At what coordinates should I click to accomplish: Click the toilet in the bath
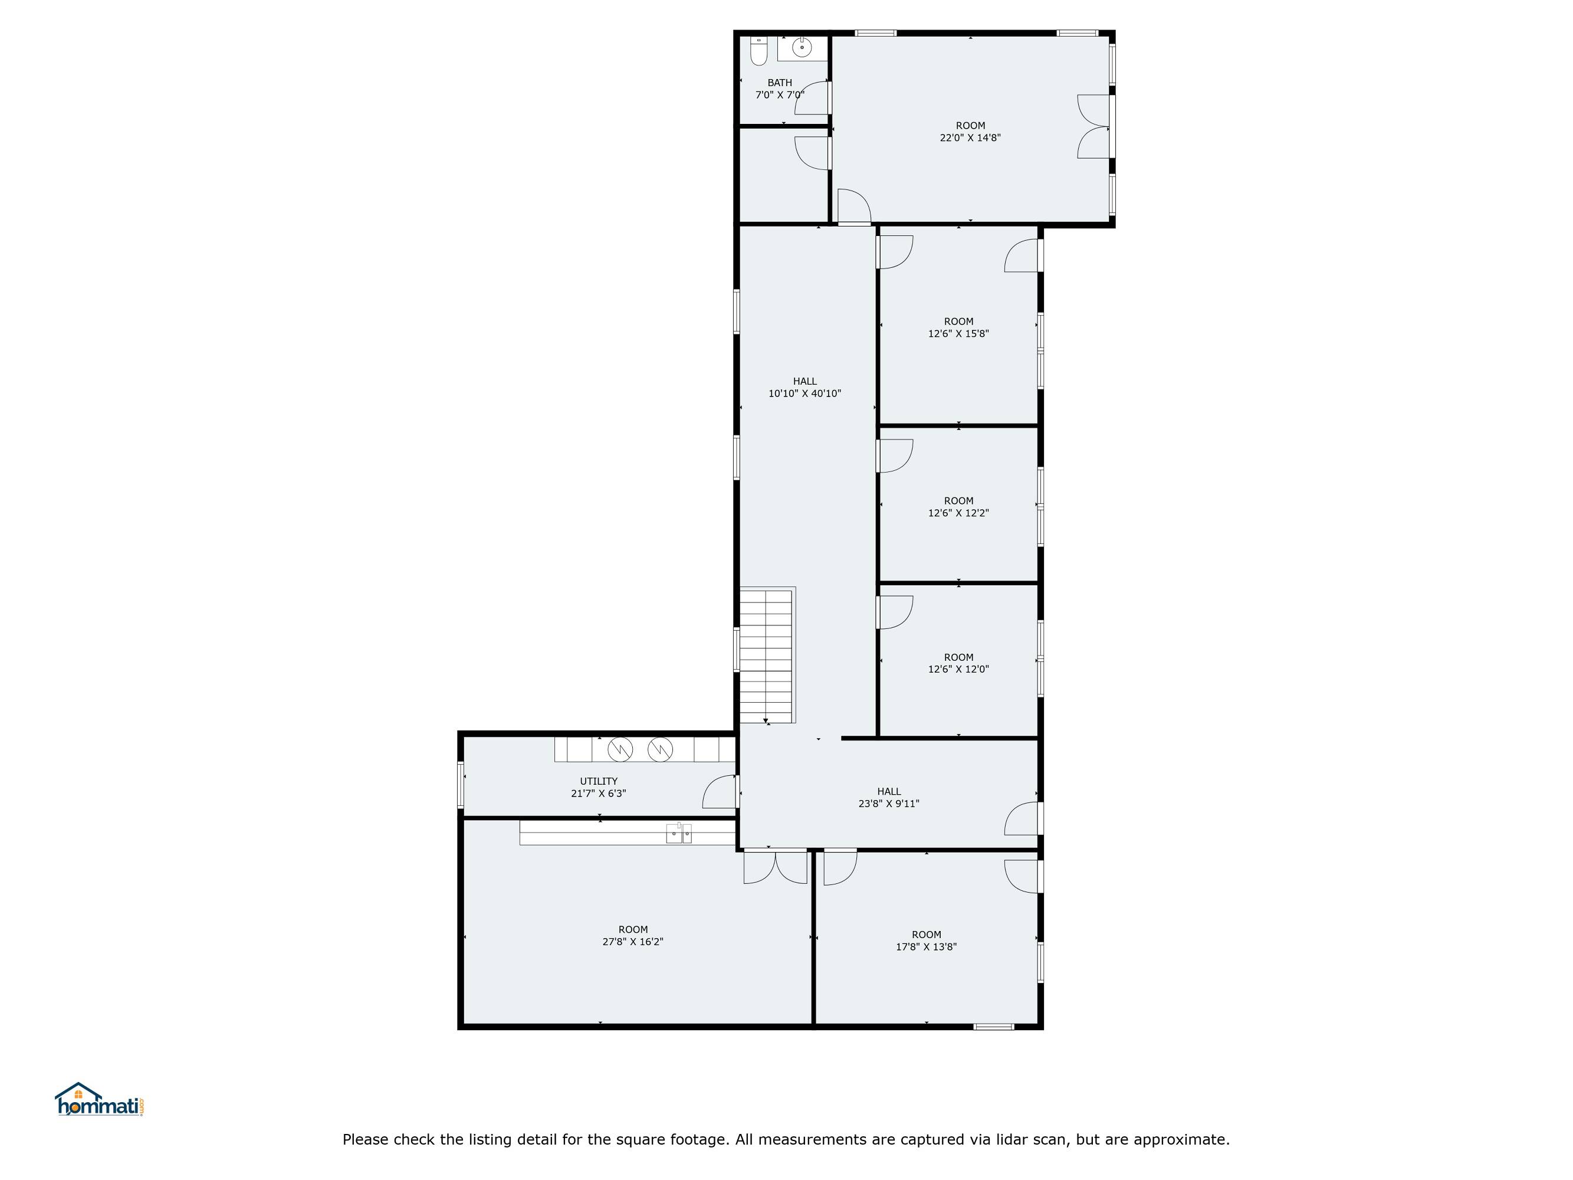[758, 51]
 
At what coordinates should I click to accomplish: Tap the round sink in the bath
[802, 48]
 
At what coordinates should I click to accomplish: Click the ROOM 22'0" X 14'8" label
[970, 132]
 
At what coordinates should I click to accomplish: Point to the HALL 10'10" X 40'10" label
[804, 388]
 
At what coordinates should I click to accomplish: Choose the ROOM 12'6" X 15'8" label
[958, 327]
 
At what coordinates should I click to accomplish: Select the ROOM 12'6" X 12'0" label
[958, 663]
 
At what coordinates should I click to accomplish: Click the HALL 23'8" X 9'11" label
[888, 797]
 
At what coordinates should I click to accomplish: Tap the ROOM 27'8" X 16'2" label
[632, 935]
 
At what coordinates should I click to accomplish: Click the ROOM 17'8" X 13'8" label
[926, 940]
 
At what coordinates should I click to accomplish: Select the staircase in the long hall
[767, 655]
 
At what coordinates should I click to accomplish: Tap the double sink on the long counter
[678, 833]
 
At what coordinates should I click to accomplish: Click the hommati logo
[100, 1100]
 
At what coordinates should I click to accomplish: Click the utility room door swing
[719, 792]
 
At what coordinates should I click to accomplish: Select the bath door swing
[812, 97]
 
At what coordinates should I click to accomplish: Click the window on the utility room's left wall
[461, 785]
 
